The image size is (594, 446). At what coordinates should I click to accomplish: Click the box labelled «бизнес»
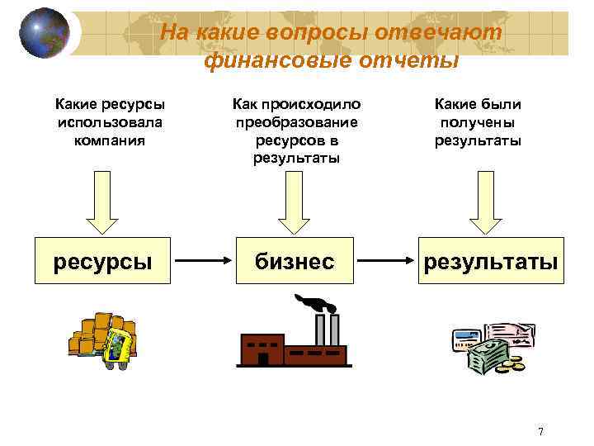click(x=294, y=261)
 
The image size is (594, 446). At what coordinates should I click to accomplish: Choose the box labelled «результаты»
click(x=491, y=261)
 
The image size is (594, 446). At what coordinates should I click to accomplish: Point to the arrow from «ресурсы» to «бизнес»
click(x=203, y=261)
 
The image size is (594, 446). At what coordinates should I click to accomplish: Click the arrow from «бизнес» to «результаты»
click(x=385, y=261)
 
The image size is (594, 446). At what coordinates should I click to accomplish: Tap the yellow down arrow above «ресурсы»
click(x=102, y=206)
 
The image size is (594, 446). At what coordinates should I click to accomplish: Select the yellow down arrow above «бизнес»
click(x=294, y=206)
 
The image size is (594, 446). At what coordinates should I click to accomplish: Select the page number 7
click(x=540, y=431)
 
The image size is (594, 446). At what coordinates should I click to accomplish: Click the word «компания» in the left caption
click(x=110, y=140)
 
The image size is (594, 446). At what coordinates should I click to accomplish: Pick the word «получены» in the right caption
click(x=478, y=122)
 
